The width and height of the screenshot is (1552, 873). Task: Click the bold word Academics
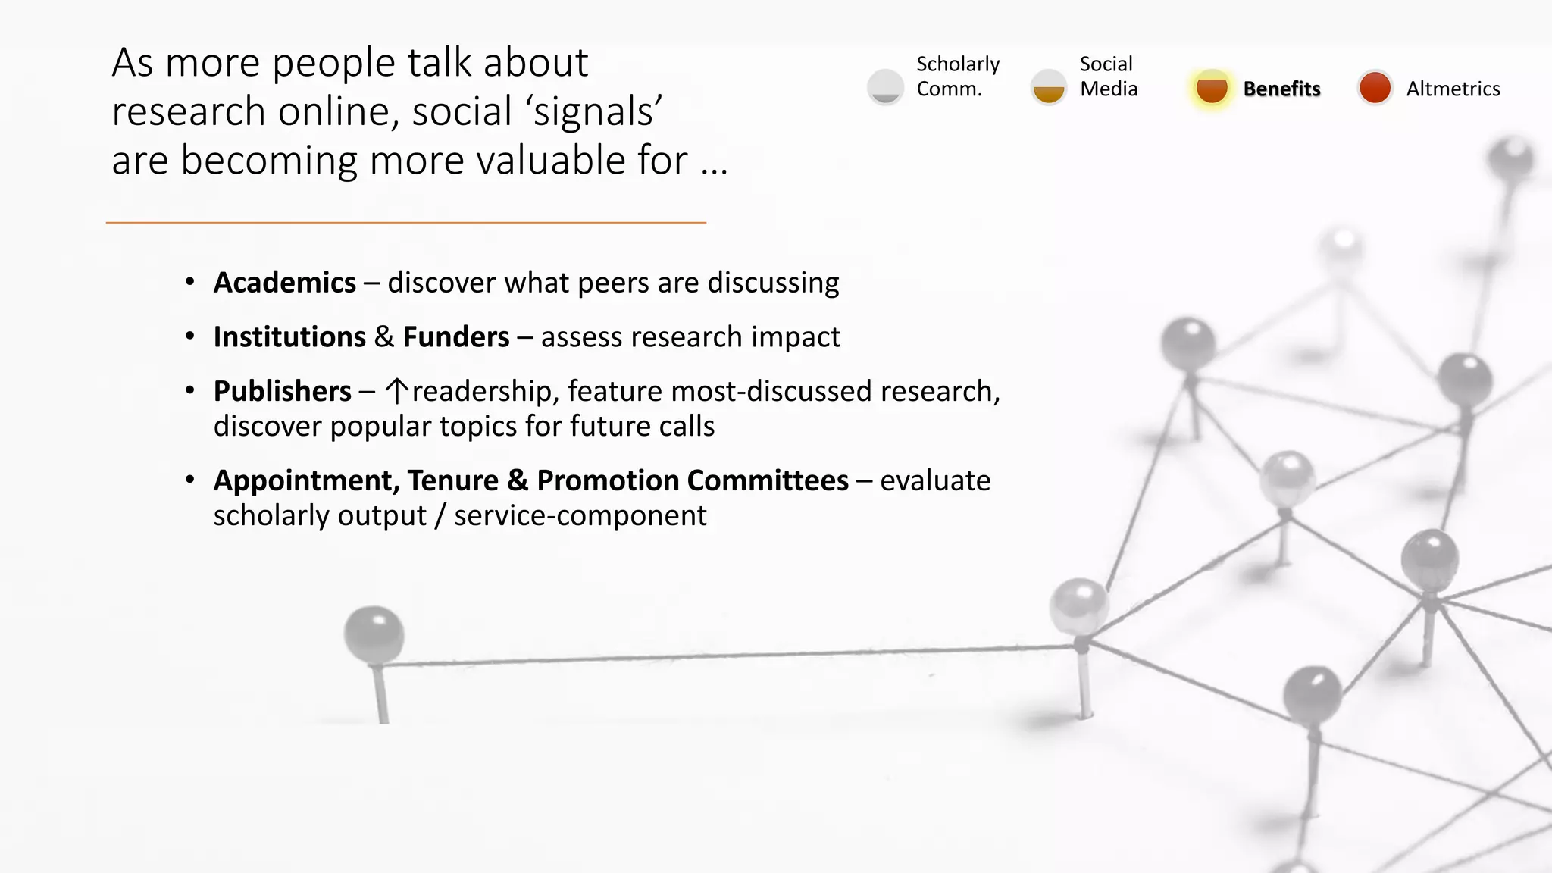point(284,283)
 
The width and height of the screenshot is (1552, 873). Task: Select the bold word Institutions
point(289,337)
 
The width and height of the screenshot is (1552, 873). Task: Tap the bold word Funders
point(455,337)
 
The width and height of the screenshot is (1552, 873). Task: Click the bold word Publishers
point(282,392)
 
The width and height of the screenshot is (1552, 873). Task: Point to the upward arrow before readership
point(396,391)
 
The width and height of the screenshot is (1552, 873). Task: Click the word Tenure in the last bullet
point(452,481)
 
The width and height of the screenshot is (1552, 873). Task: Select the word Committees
point(768,481)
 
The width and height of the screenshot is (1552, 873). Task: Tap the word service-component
point(580,516)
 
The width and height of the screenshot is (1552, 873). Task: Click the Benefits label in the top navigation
point(1281,89)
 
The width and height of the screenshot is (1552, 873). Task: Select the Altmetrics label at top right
point(1453,89)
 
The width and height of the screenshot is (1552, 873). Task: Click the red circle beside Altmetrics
point(1375,88)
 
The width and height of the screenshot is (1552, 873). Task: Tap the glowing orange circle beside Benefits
point(1211,88)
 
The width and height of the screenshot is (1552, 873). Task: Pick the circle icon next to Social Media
point(1049,88)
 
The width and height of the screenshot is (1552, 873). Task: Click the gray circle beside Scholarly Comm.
point(885,88)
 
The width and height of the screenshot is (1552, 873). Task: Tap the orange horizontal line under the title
point(406,223)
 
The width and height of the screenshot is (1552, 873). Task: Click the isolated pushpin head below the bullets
point(374,632)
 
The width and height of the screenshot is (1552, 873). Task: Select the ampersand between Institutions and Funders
point(383,337)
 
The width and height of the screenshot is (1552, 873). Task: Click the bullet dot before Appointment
point(190,480)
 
